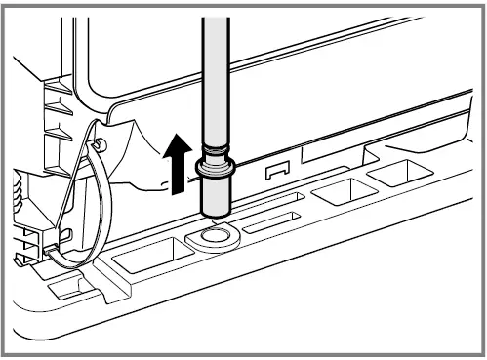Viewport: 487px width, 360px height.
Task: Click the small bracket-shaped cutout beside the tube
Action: click(x=277, y=172)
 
